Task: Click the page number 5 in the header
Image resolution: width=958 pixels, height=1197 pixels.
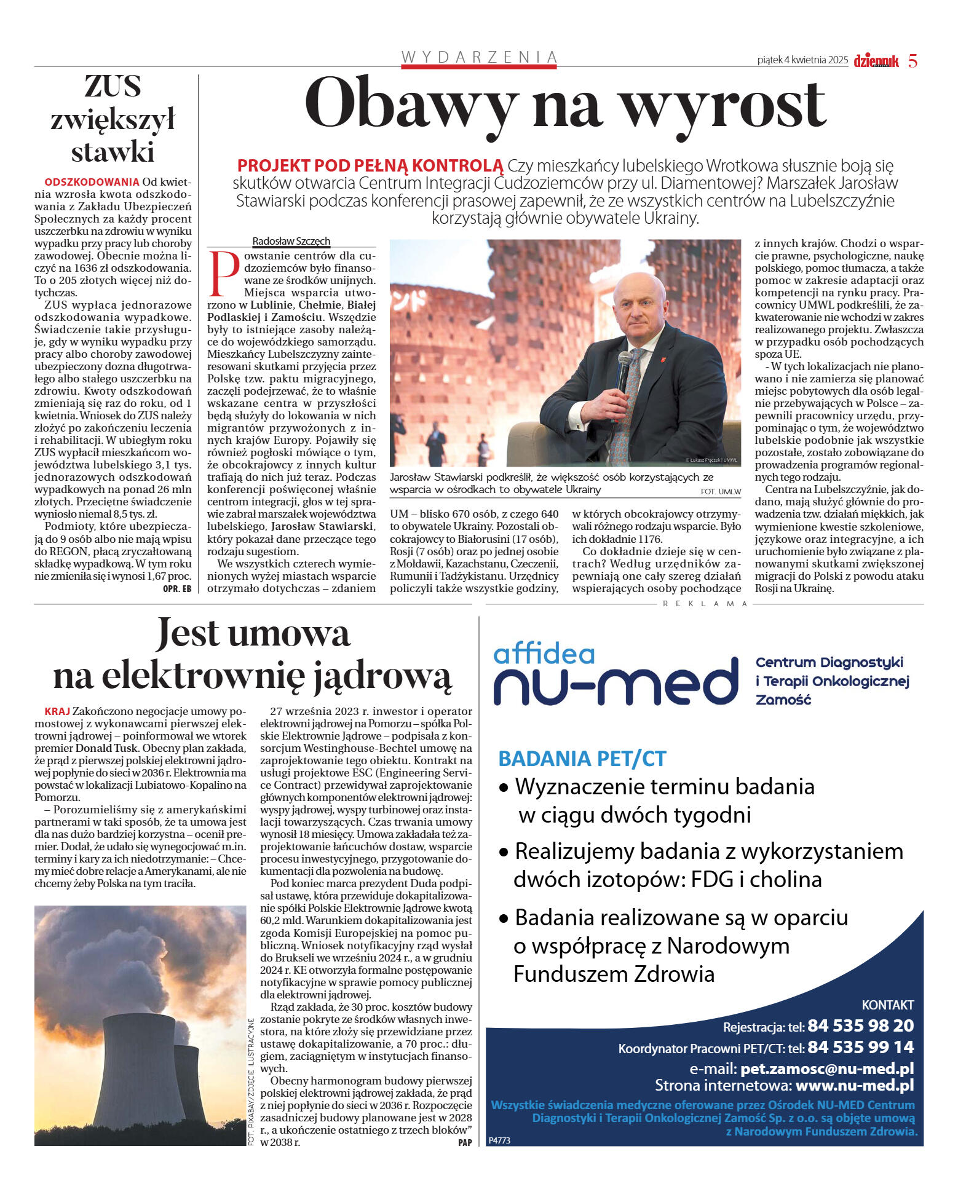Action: tap(912, 61)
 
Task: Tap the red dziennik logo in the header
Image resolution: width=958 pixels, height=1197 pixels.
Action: tap(876, 61)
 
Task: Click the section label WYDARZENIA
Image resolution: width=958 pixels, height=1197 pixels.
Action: tap(479, 57)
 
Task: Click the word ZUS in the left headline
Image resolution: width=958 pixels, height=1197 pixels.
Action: tap(113, 86)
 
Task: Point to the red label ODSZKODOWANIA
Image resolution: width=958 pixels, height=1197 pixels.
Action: tap(92, 182)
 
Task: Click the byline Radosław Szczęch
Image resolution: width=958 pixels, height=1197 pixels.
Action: tap(291, 241)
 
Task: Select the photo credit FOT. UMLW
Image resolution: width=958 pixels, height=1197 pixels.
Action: tap(720, 491)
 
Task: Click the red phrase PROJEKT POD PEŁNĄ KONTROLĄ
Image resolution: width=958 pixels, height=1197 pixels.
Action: tap(370, 165)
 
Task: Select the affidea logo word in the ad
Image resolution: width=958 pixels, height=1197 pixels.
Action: tap(544, 654)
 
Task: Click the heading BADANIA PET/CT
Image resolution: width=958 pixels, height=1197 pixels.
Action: tap(582, 759)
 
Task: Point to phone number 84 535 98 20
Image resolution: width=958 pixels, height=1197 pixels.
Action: tap(860, 1025)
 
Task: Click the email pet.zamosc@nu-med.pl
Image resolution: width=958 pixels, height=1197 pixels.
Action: tap(826, 1068)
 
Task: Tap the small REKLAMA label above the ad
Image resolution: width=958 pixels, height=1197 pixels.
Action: tap(705, 604)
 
